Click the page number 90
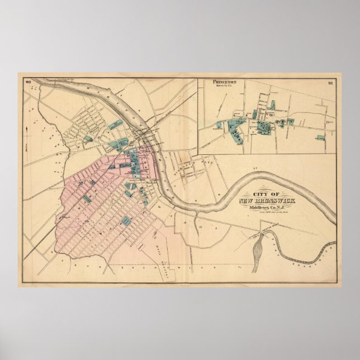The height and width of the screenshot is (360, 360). [27, 83]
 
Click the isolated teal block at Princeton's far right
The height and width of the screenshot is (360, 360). [320, 137]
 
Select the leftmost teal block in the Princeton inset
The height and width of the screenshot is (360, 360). [219, 125]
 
